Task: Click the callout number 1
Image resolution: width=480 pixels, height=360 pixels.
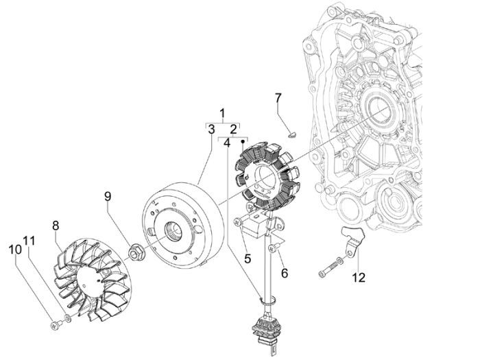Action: [222, 112]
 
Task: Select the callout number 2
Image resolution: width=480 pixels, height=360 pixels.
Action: [233, 129]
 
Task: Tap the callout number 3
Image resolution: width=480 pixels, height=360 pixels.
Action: [212, 129]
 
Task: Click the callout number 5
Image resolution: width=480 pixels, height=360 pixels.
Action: [248, 259]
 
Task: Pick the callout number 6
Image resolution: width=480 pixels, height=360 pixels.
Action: [284, 272]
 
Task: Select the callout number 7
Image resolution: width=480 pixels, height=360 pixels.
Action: [278, 98]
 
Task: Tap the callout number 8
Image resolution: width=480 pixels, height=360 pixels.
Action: [56, 224]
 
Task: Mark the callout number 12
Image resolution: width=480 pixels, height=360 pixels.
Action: [359, 278]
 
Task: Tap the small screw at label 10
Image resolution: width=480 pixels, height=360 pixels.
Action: [54, 322]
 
